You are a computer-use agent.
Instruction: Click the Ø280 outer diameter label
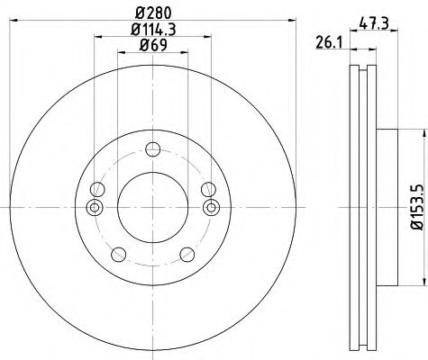pos(151,13)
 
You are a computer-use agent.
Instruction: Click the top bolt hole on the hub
pos(151,149)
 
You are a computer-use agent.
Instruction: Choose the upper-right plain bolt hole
pos(208,189)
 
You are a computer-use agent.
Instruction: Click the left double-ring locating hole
pos(93,209)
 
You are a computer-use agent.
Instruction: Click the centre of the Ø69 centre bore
pos(151,209)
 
